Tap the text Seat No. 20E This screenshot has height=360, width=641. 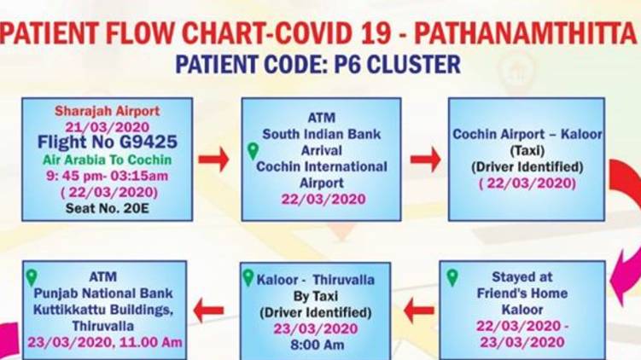tap(107, 208)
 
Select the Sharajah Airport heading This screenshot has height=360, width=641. tap(107, 111)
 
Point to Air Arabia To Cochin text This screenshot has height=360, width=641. tap(107, 160)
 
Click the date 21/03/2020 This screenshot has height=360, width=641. tap(107, 126)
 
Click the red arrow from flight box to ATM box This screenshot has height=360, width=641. tap(213, 159)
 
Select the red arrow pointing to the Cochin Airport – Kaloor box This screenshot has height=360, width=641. tap(426, 159)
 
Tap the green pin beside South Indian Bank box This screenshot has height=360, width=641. tap(253, 151)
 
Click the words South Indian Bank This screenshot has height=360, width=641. tap(321, 134)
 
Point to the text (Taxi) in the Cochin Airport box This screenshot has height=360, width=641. tap(527, 151)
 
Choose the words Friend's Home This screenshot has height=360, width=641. tap(522, 293)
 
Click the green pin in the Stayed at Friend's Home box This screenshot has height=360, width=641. tap(452, 277)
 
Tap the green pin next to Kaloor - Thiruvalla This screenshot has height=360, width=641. tap(248, 277)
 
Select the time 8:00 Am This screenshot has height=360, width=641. tap(317, 345)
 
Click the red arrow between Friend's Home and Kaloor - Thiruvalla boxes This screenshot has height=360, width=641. tap(418, 311)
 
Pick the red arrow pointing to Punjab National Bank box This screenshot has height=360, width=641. tap(208, 311)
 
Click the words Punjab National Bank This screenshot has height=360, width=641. tap(103, 293)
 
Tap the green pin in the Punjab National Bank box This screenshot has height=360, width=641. tap(32, 277)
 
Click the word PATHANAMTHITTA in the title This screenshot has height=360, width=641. tap(526, 32)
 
